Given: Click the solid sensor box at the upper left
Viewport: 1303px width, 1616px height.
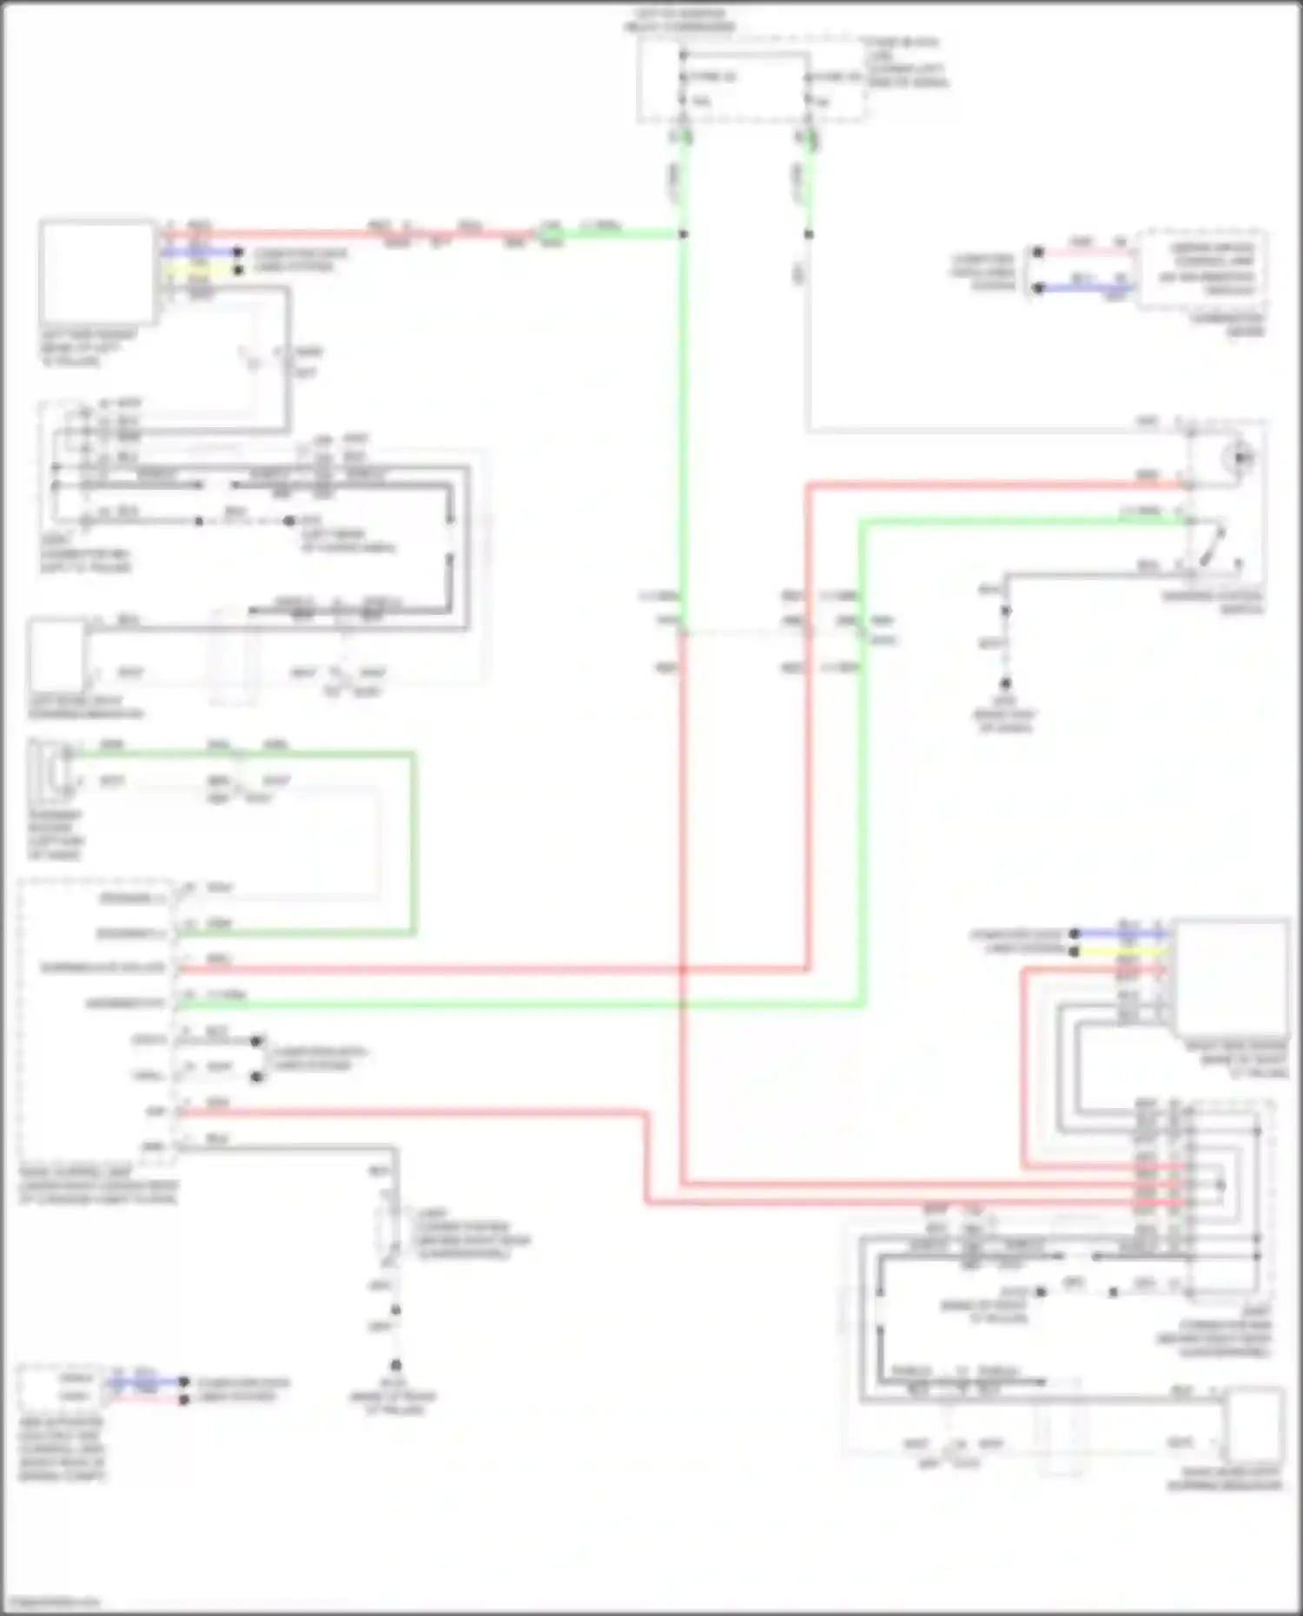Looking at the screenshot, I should (x=96, y=271).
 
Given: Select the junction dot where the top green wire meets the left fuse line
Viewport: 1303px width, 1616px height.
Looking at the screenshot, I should (x=684, y=234).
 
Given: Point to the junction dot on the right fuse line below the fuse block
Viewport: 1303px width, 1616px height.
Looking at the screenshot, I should (x=809, y=234).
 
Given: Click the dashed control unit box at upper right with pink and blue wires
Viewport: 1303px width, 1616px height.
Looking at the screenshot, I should (x=1202, y=268).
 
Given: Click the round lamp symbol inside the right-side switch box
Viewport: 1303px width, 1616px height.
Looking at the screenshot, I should (x=1240, y=454).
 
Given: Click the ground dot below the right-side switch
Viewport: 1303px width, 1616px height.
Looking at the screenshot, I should (x=1005, y=684).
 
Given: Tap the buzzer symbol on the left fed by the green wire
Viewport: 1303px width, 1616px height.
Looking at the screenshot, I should (x=63, y=768).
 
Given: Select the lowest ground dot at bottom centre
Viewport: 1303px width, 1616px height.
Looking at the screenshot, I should (x=395, y=1366).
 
